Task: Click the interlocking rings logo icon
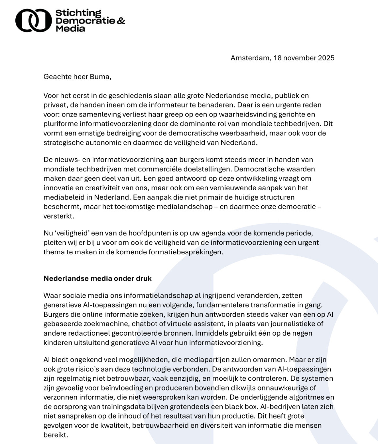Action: click(33, 20)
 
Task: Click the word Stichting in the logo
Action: click(78, 13)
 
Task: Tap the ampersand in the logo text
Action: click(121, 21)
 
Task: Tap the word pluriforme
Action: click(60, 124)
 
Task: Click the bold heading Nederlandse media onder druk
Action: click(98, 278)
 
